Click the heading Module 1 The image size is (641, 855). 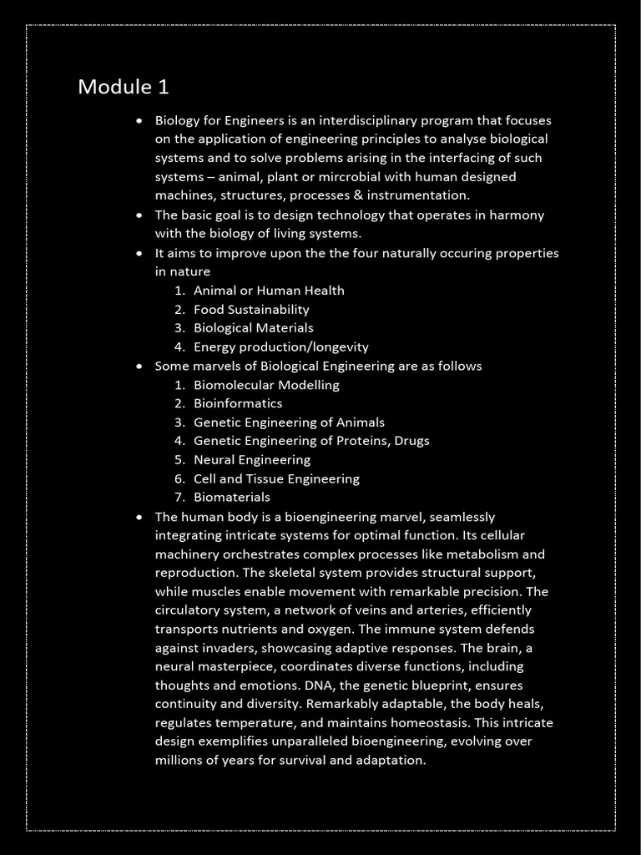click(x=124, y=87)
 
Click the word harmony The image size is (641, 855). click(x=517, y=215)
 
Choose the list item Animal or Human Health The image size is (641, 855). click(x=269, y=291)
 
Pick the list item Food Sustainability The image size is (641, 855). click(x=251, y=309)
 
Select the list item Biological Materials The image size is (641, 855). click(x=254, y=328)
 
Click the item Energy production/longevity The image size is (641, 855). click(x=280, y=347)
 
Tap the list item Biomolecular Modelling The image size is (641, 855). click(x=266, y=385)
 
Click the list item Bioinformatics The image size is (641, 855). click(x=238, y=403)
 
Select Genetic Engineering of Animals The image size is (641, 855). click(x=289, y=422)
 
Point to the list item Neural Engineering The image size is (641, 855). click(x=251, y=460)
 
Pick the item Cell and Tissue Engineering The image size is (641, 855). click(x=276, y=479)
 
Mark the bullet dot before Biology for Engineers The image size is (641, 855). click(x=139, y=121)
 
